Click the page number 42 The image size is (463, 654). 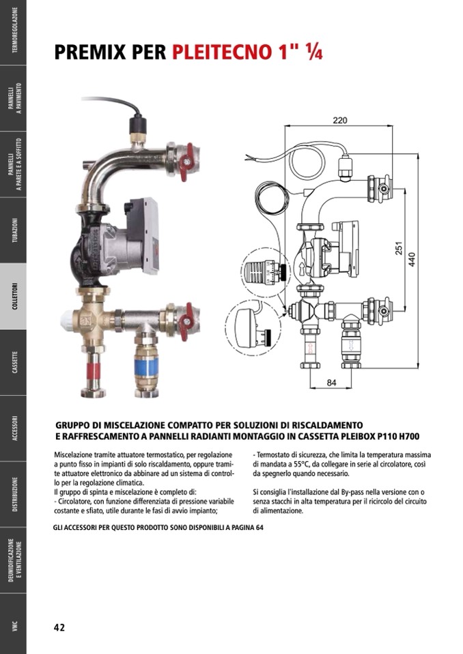click(x=59, y=627)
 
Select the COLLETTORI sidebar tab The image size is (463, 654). click(x=13, y=296)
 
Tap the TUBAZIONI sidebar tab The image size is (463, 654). click(x=13, y=231)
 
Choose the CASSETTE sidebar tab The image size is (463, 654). click(x=13, y=362)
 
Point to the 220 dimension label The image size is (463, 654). click(x=340, y=120)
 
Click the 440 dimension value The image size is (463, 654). click(x=412, y=259)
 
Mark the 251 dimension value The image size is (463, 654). click(x=399, y=248)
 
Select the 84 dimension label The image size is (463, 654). click(x=331, y=383)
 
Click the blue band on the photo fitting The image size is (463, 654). click(x=147, y=366)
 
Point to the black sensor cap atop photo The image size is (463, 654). click(x=138, y=125)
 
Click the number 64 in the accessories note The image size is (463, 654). click(x=259, y=527)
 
